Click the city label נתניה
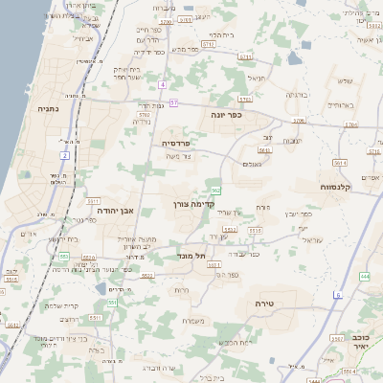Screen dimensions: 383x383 click(48, 110)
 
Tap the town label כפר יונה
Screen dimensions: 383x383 click(227, 114)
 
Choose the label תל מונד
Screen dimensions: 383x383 click(192, 257)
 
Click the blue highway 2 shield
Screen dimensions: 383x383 click(65, 154)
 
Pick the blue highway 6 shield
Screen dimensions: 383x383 click(337, 295)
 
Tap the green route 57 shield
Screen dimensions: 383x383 click(173, 99)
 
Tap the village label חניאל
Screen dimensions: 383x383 click(256, 78)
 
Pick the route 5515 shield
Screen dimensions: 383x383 click(11, 280)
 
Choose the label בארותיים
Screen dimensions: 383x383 click(341, 103)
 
